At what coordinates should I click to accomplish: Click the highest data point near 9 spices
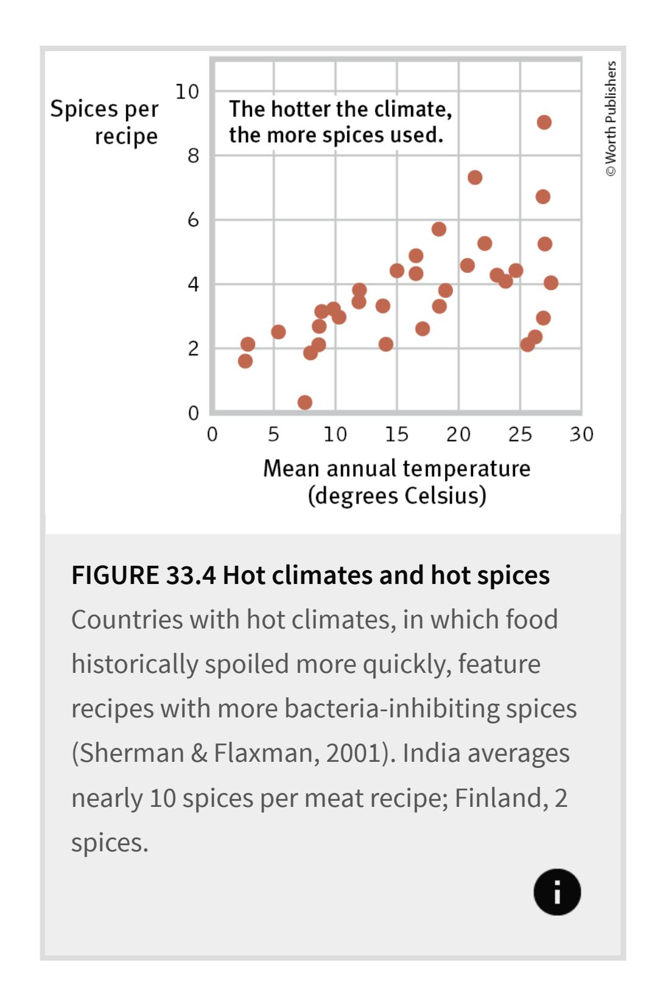544,122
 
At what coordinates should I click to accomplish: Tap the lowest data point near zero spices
305,403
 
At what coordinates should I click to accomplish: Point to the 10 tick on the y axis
187,92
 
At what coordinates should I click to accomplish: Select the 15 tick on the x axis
396,435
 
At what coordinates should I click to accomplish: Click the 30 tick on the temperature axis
581,435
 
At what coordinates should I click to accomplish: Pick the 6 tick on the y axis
193,220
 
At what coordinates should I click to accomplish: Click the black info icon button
557,892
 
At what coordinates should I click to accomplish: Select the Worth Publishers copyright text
611,118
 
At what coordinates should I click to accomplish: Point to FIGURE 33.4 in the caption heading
143,575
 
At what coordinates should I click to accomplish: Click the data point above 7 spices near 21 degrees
475,178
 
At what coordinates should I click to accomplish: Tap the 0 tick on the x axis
212,435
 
